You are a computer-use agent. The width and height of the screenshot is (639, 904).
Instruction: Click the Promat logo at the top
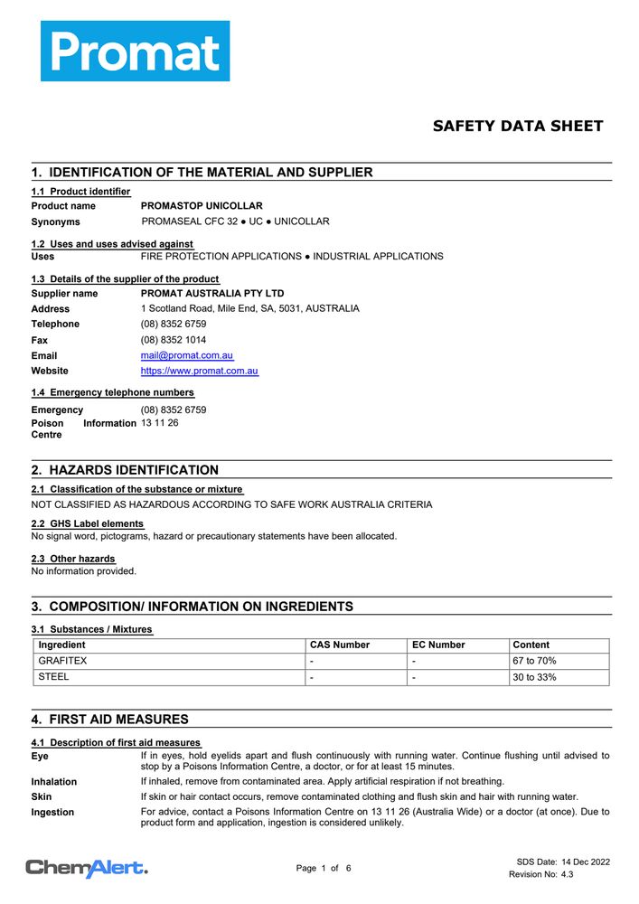pos(135,51)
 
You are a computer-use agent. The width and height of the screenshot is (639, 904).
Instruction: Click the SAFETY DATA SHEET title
pos(517,127)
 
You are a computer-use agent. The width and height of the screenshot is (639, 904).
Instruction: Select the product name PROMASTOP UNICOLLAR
pos(202,206)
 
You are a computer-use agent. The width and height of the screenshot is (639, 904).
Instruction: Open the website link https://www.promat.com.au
pos(200,372)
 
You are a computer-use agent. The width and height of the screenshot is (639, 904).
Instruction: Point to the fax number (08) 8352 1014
pos(174,340)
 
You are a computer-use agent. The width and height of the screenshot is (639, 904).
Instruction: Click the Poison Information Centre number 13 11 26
pos(160,423)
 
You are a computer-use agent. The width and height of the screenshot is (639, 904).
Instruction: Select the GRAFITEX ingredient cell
pos(62,661)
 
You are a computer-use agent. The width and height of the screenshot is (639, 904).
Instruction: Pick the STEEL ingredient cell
pos(53,677)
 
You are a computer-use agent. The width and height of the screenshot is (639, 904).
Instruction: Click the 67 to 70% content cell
pos(534,661)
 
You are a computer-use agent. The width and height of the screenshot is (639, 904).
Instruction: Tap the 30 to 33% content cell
pos(534,677)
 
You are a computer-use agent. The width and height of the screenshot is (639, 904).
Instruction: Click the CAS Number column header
pos(340,645)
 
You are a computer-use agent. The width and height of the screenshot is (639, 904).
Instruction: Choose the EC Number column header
pos(438,645)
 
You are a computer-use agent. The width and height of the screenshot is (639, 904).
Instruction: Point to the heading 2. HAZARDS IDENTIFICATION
pos(125,470)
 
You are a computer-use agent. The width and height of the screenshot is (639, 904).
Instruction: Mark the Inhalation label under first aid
pos(54,782)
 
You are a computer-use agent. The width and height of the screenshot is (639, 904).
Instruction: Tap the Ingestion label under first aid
pos(52,813)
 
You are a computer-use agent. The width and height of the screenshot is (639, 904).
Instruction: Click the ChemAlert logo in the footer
pos(87,869)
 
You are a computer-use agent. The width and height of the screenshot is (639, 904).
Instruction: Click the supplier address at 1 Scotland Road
pos(250,308)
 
